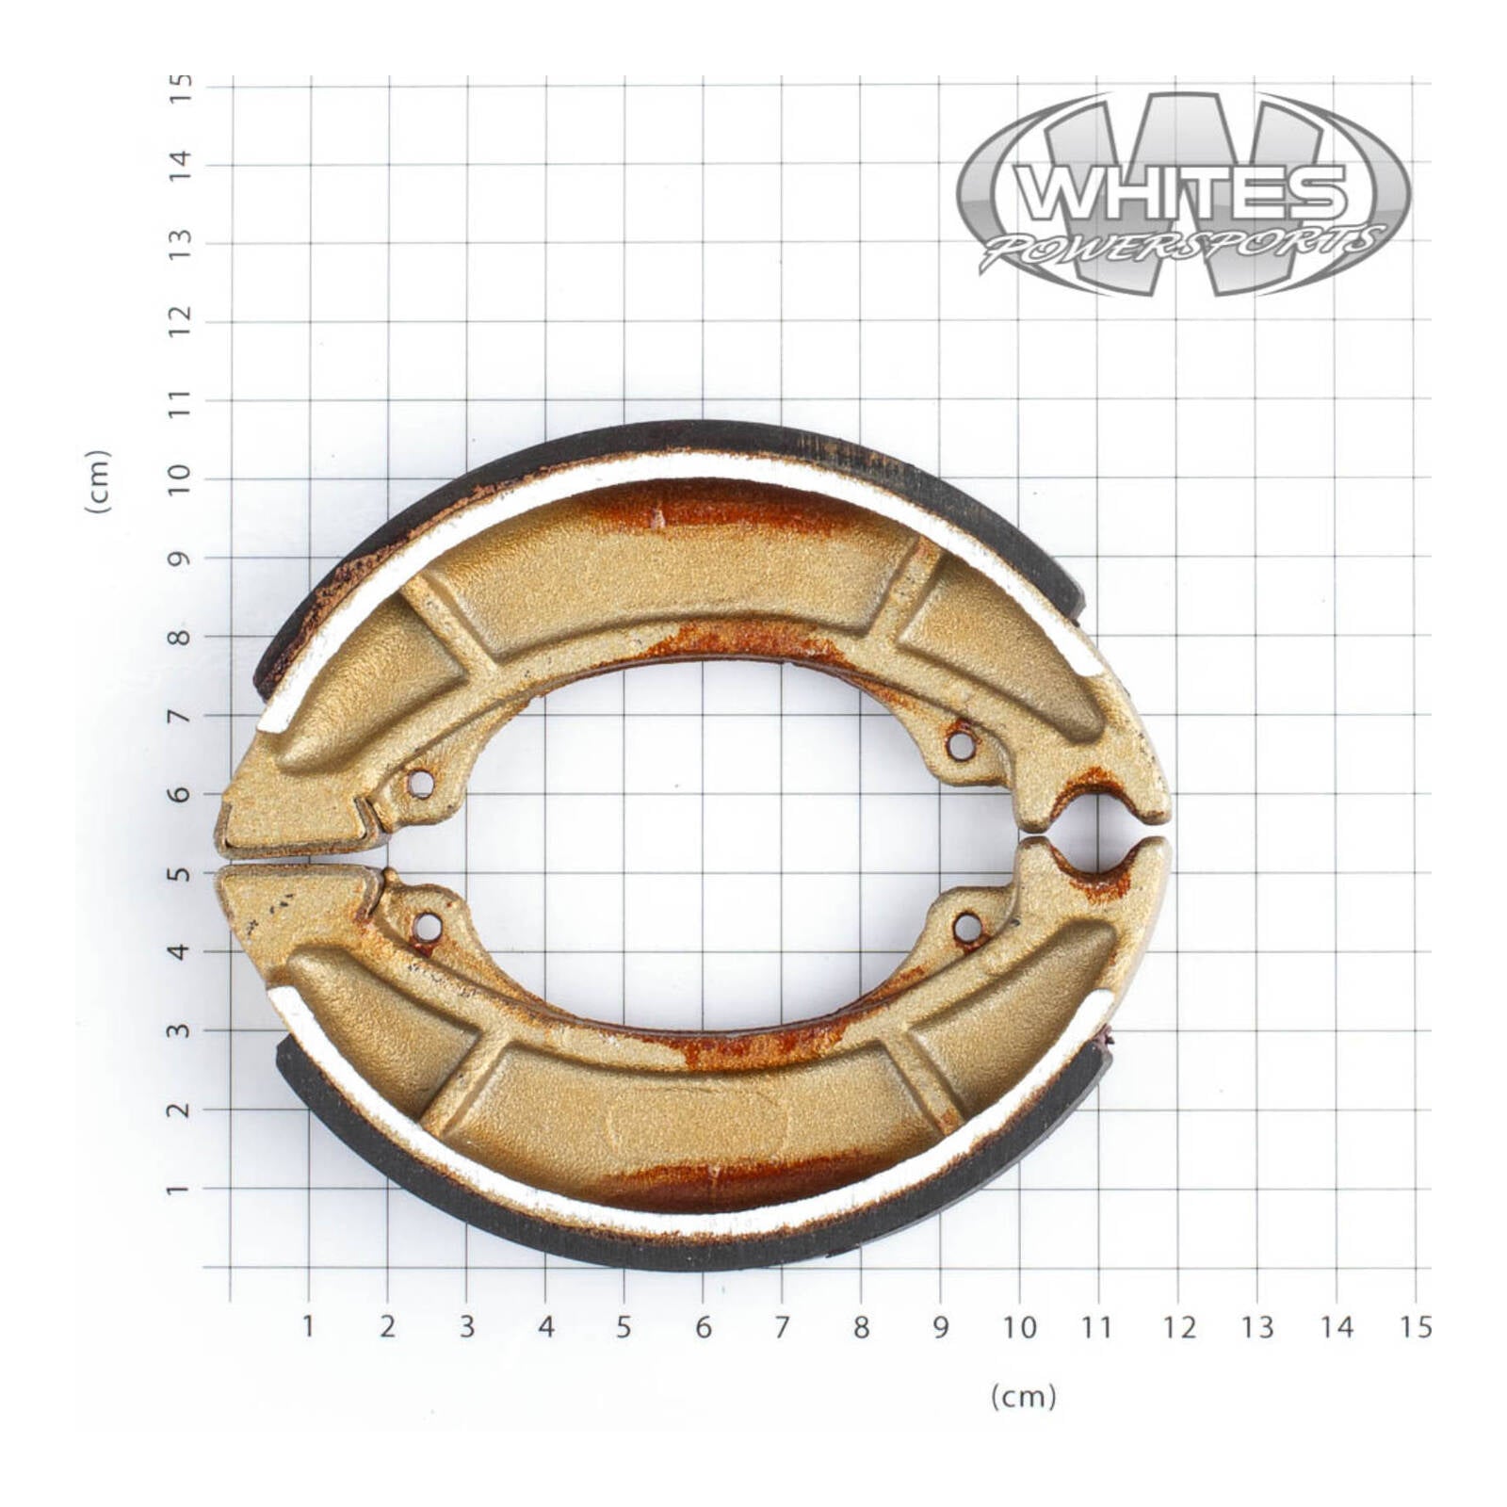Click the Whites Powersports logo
pos(1183,194)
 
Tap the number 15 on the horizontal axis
pos(1415,1327)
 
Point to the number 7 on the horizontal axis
pos(781,1327)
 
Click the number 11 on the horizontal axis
pos(1096,1327)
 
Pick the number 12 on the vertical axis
pos(179,321)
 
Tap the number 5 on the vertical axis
pos(179,873)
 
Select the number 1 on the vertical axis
pos(179,1189)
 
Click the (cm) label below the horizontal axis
pos(1023,1396)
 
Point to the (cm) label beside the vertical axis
pos(98,481)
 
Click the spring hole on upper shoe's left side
pos(421,784)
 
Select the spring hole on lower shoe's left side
pos(427,928)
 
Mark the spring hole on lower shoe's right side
pos(967,929)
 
